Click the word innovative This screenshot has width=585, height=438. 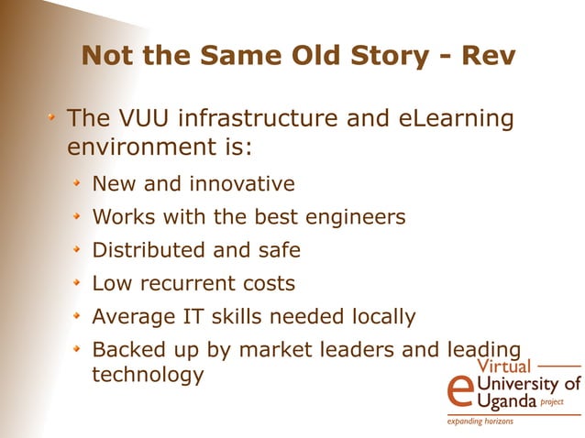tap(242, 184)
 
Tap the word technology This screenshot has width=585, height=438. tap(148, 375)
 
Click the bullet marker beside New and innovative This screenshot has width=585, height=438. tap(80, 184)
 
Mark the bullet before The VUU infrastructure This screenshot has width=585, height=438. tap(54, 119)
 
